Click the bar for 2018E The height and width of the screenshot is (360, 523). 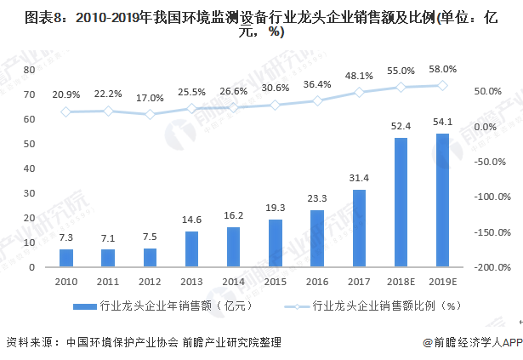(400, 203)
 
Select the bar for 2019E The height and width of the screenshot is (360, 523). (442, 200)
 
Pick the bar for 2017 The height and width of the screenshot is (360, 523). (359, 228)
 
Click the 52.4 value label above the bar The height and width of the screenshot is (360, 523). (400, 127)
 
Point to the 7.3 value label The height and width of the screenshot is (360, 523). (66, 238)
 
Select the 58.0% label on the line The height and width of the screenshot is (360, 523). (442, 70)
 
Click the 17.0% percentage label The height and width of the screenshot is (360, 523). (151, 98)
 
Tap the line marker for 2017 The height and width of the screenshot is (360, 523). (359, 92)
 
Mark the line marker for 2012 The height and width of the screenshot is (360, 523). (151, 114)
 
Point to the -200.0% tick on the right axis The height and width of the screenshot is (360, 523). (491, 267)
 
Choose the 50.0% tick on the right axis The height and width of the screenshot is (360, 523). (487, 91)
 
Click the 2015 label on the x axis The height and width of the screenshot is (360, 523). (276, 280)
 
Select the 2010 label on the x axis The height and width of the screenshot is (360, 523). (66, 280)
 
